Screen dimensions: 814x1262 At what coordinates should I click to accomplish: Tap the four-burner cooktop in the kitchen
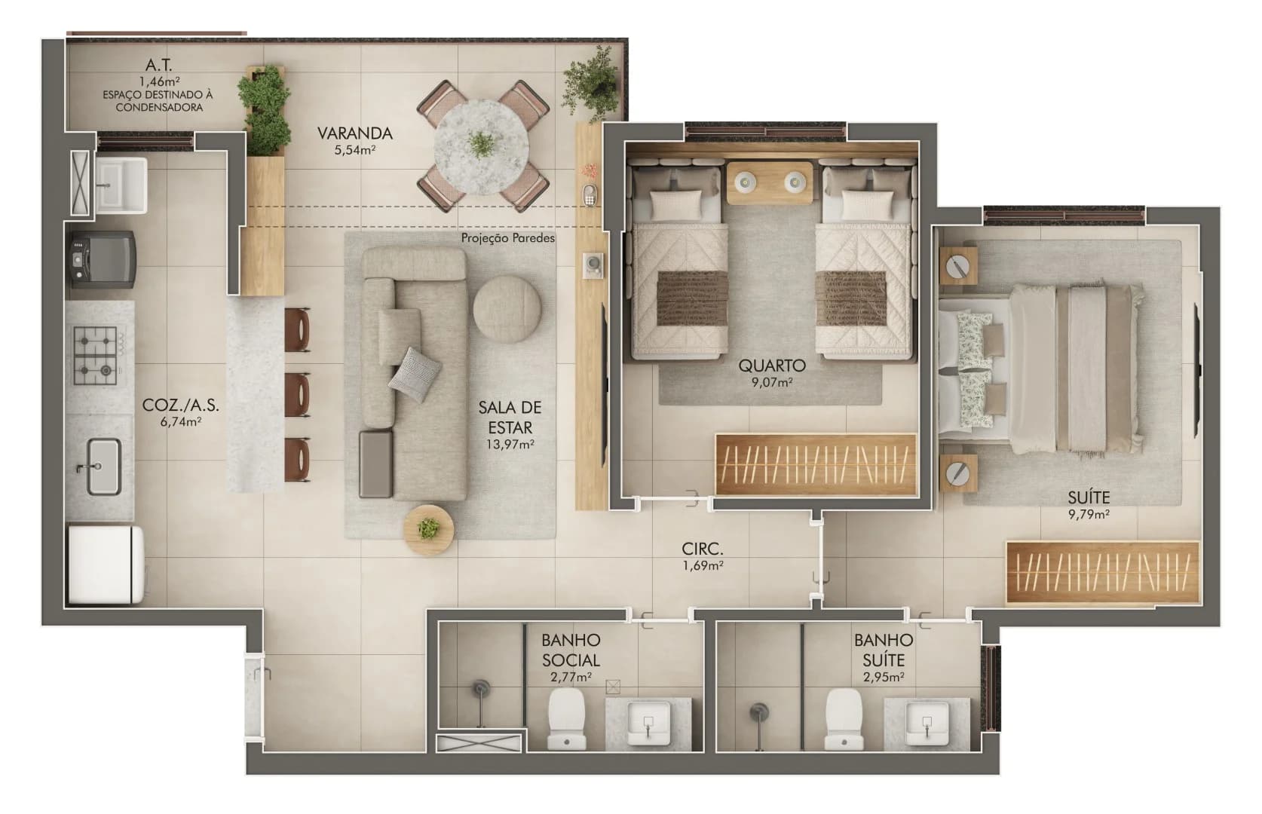pyautogui.click(x=95, y=353)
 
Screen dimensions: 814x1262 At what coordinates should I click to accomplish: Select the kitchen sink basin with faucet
pyautogui.click(x=103, y=467)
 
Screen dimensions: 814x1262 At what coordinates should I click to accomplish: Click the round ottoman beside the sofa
pyautogui.click(x=507, y=309)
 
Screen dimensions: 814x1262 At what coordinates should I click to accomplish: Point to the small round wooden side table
pyautogui.click(x=428, y=530)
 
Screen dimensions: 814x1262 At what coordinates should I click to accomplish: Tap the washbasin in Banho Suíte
pyautogui.click(x=927, y=722)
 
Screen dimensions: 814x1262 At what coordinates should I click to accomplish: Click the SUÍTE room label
pyautogui.click(x=1088, y=497)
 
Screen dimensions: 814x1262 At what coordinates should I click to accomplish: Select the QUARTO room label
pyautogui.click(x=771, y=366)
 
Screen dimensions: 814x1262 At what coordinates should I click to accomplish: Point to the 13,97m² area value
pyautogui.click(x=510, y=445)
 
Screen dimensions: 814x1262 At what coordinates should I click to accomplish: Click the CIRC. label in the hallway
pyautogui.click(x=703, y=549)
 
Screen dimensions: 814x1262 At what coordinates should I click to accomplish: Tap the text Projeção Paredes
pyautogui.click(x=507, y=238)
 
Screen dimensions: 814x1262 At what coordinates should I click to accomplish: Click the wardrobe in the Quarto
pyautogui.click(x=815, y=464)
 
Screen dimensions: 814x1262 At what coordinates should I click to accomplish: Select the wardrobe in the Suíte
pyautogui.click(x=1101, y=573)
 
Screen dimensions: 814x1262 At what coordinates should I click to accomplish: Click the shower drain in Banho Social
pyautogui.click(x=481, y=689)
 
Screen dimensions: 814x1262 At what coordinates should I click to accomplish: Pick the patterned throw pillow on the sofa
pyautogui.click(x=414, y=374)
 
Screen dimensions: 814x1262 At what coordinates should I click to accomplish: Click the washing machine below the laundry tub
pyautogui.click(x=103, y=258)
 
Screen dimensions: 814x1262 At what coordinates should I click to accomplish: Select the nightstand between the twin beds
pyautogui.click(x=770, y=182)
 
